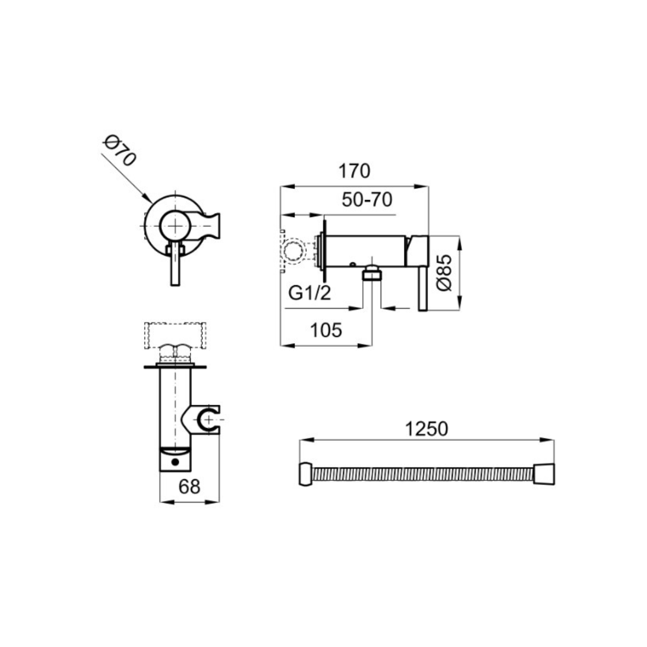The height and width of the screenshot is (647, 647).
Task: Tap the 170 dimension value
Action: pos(354,171)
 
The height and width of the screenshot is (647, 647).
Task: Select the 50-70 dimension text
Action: pos(366,200)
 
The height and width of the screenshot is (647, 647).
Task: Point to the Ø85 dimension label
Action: pos(445,273)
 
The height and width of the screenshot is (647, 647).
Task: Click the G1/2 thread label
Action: pos(310,293)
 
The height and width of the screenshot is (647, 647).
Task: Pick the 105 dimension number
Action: pos(326,330)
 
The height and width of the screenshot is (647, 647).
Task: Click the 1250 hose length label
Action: pos(427,429)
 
